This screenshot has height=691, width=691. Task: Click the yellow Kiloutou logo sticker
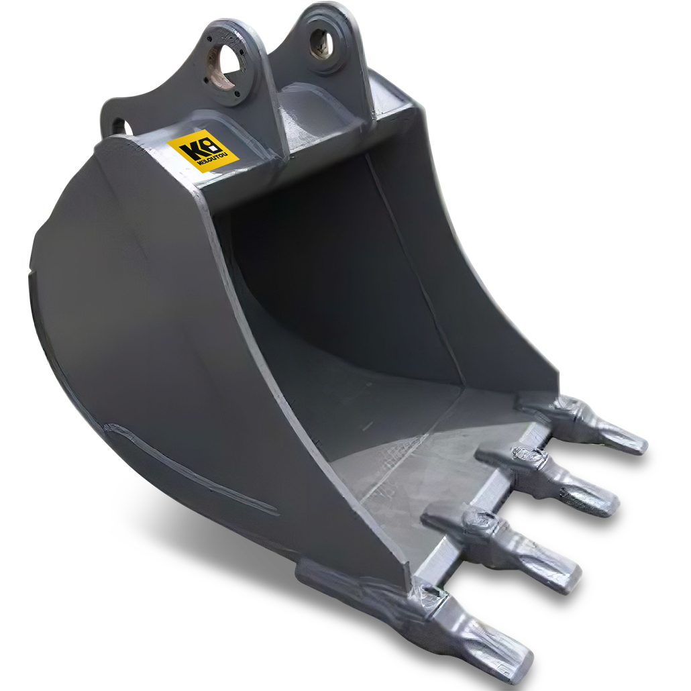[203, 151]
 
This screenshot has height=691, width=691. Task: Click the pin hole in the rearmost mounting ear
[322, 43]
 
